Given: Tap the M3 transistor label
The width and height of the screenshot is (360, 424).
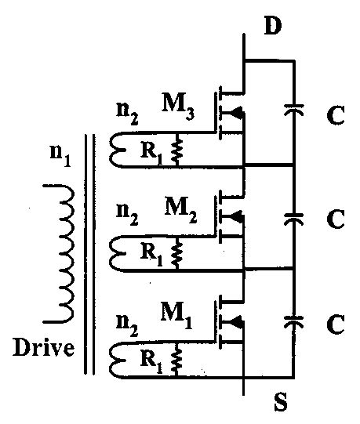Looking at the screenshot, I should click(180, 102).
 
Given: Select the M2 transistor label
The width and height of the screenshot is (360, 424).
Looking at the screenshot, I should click(180, 208).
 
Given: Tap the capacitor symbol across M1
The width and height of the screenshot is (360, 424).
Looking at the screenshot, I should click(293, 321).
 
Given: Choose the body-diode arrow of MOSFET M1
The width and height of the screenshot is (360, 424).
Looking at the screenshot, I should click(237, 322).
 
